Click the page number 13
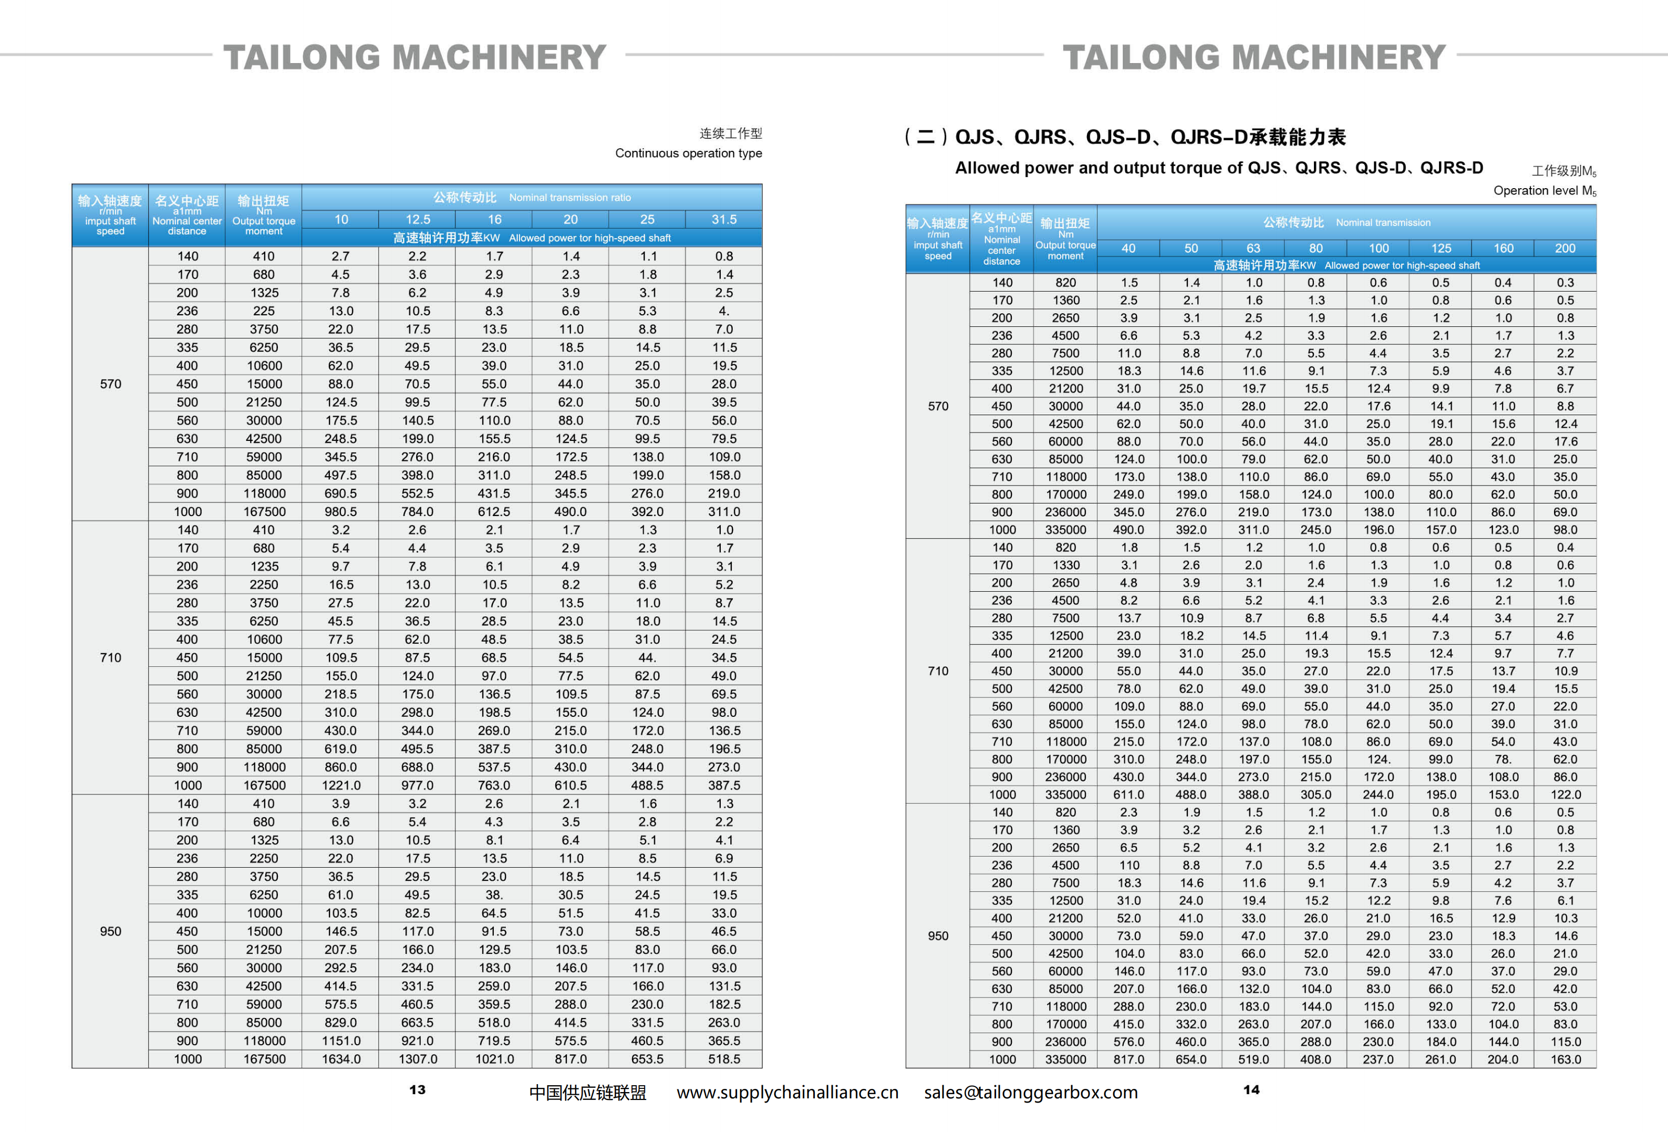[417, 1089]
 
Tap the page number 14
[1251, 1089]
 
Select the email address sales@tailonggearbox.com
[1031, 1092]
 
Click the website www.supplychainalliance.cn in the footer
[788, 1092]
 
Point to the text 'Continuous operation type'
[688, 153]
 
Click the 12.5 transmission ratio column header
[418, 219]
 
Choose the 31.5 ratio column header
[723, 219]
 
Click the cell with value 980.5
[340, 512]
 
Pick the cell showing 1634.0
[341, 1059]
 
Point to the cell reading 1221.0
[341, 785]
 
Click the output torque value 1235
[264, 567]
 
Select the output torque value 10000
[264, 913]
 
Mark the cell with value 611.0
[1128, 795]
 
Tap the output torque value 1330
[1065, 565]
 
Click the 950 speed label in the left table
[110, 931]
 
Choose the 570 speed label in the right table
[938, 406]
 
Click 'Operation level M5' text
[1545, 190]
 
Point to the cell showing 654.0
[1190, 1059]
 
